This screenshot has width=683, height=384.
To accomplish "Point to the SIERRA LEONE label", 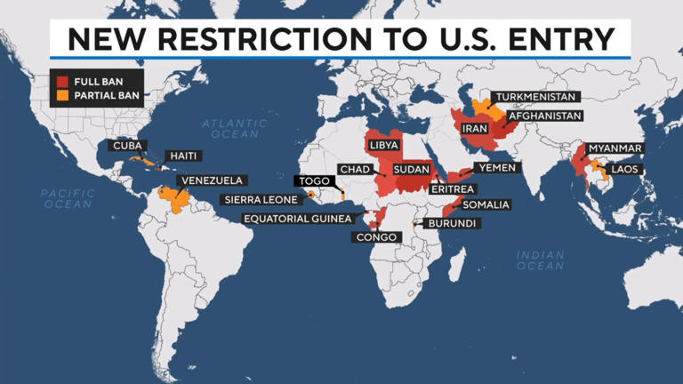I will (x=261, y=200).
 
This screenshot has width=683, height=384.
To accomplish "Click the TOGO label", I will (x=313, y=180).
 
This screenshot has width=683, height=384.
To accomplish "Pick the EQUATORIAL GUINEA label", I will (x=298, y=219).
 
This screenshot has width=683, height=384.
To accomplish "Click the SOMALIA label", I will (x=486, y=204).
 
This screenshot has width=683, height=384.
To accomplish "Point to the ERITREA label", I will (x=454, y=188).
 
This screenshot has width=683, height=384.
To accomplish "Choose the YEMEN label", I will (x=496, y=167).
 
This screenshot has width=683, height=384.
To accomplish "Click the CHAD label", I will (x=354, y=169).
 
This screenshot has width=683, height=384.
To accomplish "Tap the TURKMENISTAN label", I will (x=536, y=96).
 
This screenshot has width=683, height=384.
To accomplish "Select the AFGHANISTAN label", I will (x=544, y=116).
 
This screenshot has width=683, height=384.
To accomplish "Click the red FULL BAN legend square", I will (x=62, y=81).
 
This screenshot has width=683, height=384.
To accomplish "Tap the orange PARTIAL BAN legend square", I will (x=62, y=93).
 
